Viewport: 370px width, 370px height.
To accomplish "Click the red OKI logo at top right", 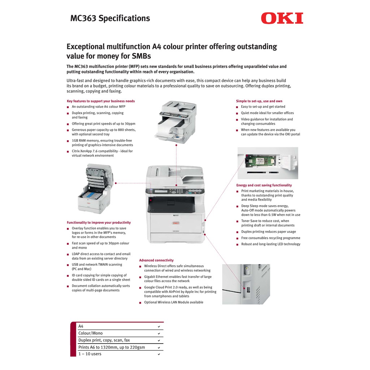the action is [282, 18].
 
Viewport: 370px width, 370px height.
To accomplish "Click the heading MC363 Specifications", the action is [110, 18].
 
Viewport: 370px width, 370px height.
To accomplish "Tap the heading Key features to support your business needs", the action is [101, 101].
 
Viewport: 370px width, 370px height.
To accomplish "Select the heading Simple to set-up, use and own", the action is [259, 101].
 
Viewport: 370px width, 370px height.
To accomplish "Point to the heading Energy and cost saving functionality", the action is [264, 185].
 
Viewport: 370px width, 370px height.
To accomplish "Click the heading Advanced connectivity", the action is [156, 260].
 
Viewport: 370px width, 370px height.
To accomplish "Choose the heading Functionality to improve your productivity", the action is [99, 223].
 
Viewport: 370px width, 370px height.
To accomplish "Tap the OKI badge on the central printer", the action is [176, 223].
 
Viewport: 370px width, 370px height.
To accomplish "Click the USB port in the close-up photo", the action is [248, 289].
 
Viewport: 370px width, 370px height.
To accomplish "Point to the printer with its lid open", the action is [95, 189].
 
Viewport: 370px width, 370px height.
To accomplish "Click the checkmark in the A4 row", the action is [159, 327].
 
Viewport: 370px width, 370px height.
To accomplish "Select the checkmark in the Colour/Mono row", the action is [159, 334].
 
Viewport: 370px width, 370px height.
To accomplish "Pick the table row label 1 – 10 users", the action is [90, 354].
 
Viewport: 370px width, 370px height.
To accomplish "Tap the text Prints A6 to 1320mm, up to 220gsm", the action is [112, 347].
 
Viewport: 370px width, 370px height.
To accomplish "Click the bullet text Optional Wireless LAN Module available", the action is [174, 302].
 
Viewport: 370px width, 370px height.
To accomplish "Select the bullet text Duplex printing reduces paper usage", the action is [268, 232].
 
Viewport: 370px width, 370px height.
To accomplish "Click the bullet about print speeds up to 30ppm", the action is [104, 124].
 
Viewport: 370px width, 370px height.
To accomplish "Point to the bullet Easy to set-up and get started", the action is [263, 107].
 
